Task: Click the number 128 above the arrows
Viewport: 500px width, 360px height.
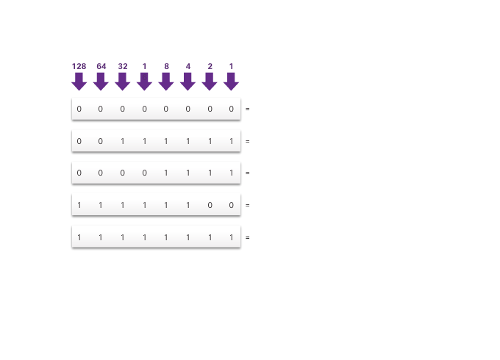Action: point(79,66)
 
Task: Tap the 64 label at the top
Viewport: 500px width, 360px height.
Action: point(101,66)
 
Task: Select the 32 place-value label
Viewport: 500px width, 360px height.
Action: point(123,66)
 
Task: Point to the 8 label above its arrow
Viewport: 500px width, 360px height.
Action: point(166,66)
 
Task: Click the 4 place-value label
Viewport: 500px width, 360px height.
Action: point(187,66)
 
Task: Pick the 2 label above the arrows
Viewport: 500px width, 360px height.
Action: point(210,66)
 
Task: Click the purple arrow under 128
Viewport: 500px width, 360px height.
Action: point(79,81)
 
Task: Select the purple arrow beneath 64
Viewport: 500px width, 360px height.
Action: point(101,81)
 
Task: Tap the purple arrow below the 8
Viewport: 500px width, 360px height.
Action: point(166,81)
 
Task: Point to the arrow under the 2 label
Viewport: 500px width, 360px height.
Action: point(210,81)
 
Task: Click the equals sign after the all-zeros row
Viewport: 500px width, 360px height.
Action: point(248,109)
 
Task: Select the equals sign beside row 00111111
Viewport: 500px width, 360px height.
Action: point(248,141)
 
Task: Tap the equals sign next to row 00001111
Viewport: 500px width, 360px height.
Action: point(248,173)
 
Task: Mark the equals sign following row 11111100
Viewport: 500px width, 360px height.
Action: point(248,205)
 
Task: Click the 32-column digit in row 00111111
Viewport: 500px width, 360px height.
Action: point(123,141)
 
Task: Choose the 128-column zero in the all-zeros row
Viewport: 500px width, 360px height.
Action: point(79,109)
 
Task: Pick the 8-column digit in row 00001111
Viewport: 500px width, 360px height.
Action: point(166,173)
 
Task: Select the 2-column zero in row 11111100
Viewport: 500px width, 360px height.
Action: point(210,205)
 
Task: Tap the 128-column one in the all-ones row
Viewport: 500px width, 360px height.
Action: point(79,237)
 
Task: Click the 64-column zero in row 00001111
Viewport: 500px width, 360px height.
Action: point(101,173)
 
